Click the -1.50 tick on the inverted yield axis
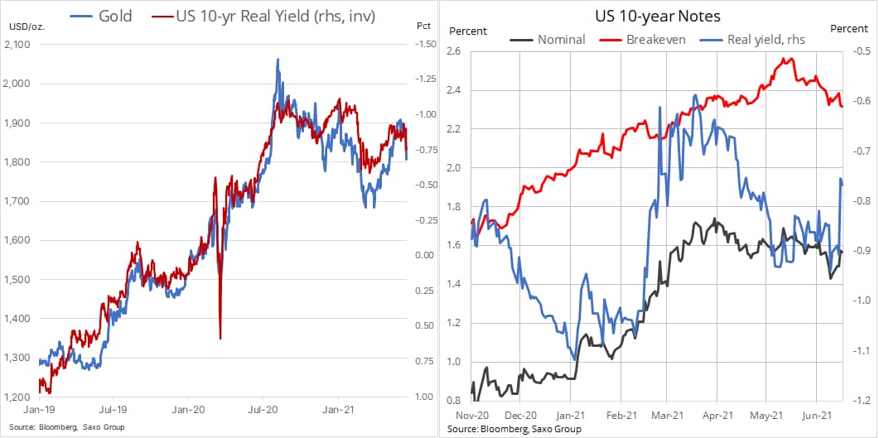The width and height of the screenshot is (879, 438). (425, 45)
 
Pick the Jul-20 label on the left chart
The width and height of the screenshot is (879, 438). (263, 409)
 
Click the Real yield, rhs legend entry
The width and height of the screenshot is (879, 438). (763, 38)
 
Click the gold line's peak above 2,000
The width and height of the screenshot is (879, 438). (278, 60)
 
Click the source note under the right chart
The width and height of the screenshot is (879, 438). (514, 429)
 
